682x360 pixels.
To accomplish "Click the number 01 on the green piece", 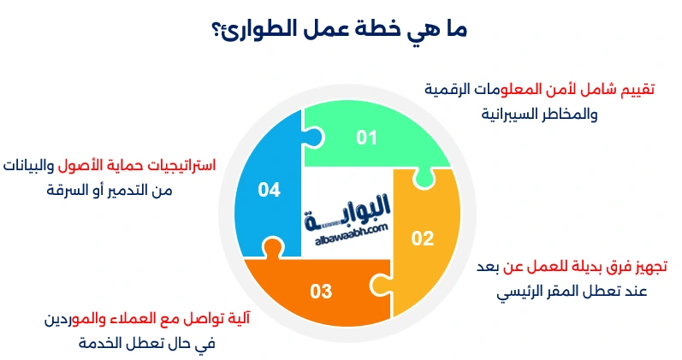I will coord(367,138).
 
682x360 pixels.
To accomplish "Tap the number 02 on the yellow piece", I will coord(423,239).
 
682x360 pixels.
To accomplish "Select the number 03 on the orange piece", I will coord(321,292).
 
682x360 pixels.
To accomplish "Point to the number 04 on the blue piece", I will coord(270,190).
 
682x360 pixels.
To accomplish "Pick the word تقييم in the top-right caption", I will coord(637,89).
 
